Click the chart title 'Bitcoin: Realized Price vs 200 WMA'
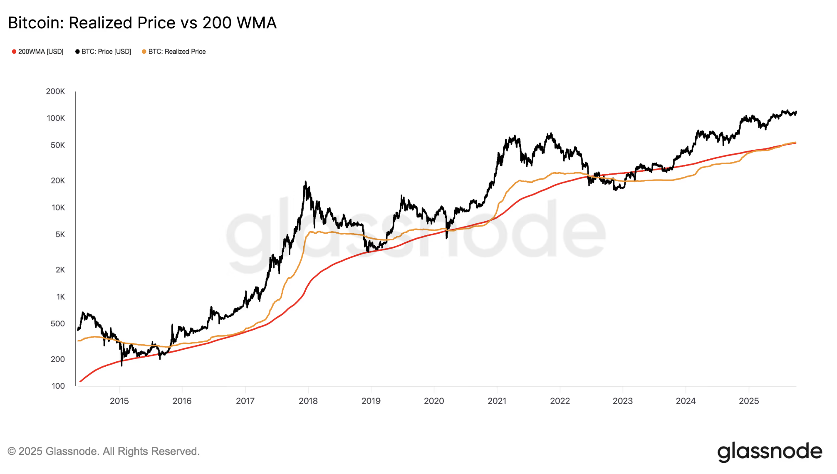pos(142,23)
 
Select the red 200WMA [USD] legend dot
pos(14,52)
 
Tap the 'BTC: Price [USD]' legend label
pos(106,52)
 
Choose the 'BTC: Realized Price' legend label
pos(177,52)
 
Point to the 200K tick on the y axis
pos(55,91)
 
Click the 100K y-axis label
pos(56,118)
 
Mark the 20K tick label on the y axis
pos(58,181)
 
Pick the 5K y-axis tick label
pos(60,235)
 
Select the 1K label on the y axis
pos(61,297)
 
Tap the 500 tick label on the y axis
pos(58,323)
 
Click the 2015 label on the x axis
pos(119,401)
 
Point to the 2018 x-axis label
pos(308,401)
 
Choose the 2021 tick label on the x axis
pos(497,401)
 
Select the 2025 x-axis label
pos(749,401)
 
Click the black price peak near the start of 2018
pos(305,182)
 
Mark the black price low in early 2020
pos(447,238)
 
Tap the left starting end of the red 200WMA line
pos(80,381)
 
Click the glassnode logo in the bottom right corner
pos(770,452)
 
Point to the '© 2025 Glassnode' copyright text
pos(104,452)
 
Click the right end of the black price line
pos(796,112)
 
